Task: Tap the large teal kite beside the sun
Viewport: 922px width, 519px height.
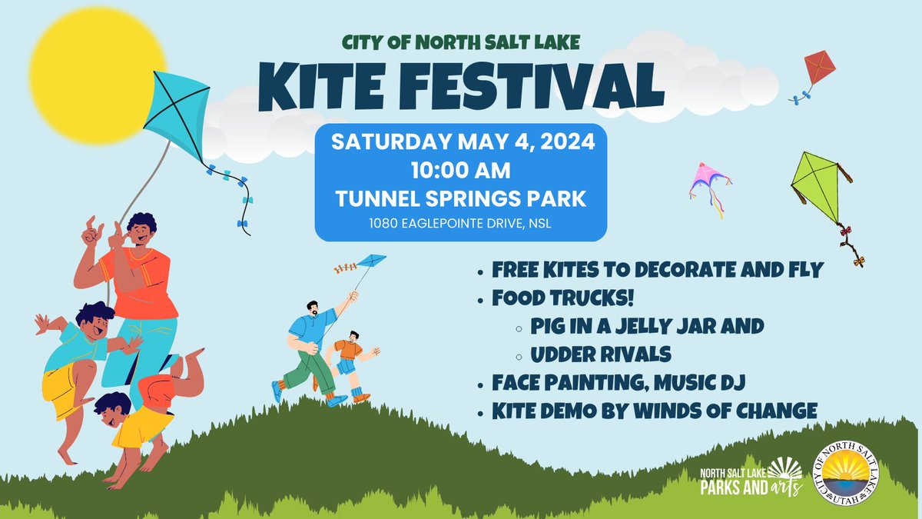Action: click(x=177, y=112)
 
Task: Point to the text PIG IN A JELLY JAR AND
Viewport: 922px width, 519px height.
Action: click(x=646, y=325)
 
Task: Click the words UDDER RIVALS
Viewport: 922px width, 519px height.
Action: click(x=601, y=354)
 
